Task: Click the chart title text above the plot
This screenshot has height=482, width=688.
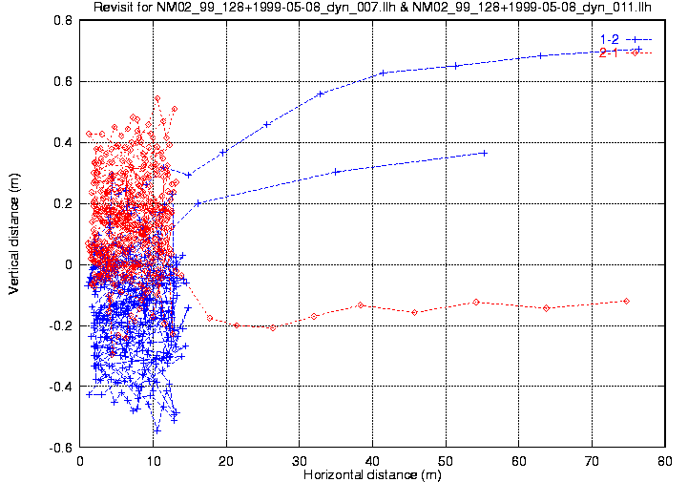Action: point(372,9)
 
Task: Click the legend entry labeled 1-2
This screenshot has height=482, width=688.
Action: point(609,39)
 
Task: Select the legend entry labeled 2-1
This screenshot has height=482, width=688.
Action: point(609,52)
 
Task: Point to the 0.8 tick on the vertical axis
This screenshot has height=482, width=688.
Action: point(64,20)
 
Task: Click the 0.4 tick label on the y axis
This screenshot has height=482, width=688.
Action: point(64,142)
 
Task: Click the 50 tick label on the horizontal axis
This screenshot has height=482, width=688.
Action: point(446,460)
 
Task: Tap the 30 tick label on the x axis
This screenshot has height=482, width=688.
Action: point(300,460)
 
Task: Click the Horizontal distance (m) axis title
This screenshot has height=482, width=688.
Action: point(372,473)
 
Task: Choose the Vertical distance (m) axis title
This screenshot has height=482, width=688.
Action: point(14,234)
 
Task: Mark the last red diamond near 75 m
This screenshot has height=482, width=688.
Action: point(626,301)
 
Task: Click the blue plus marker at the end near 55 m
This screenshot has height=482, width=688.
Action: point(485,153)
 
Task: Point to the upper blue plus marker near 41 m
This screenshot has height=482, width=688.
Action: point(383,73)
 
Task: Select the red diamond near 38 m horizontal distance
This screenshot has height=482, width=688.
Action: point(361,305)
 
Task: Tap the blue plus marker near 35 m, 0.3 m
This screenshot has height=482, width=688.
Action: point(337,172)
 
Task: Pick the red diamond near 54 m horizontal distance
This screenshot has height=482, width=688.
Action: point(476,302)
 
